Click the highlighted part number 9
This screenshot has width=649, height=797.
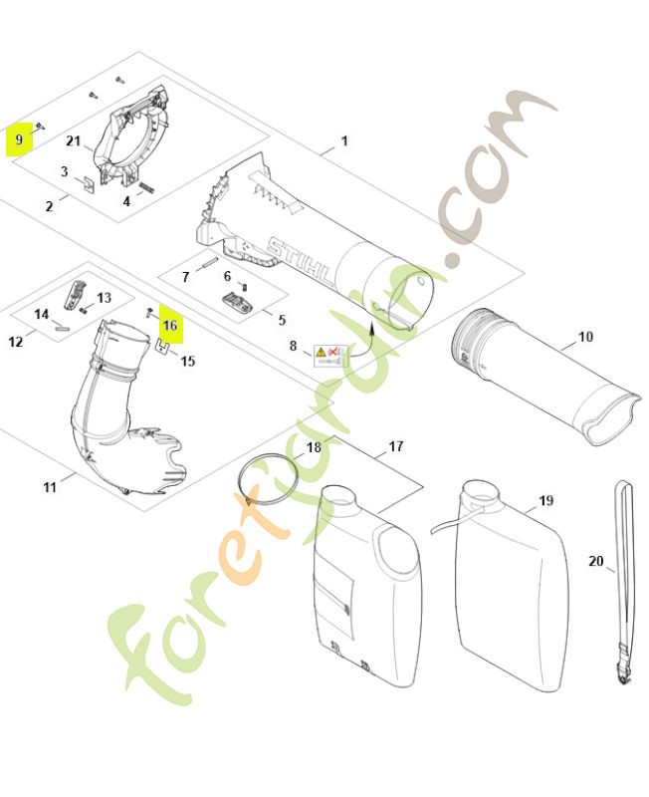[x=19, y=140]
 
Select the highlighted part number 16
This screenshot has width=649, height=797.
[x=170, y=326]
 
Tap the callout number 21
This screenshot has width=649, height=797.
[x=74, y=142]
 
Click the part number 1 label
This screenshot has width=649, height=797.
[x=344, y=141]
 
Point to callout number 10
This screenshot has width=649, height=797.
[x=585, y=337]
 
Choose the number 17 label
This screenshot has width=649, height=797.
[x=396, y=446]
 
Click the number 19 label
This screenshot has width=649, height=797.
[x=545, y=500]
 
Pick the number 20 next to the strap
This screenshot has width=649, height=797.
[x=595, y=562]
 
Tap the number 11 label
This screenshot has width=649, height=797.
[x=50, y=487]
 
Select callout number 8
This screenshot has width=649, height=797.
[x=293, y=347]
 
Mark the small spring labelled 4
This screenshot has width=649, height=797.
[x=146, y=186]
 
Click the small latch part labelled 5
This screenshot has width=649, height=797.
[x=236, y=300]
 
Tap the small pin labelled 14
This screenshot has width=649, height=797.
[x=61, y=323]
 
